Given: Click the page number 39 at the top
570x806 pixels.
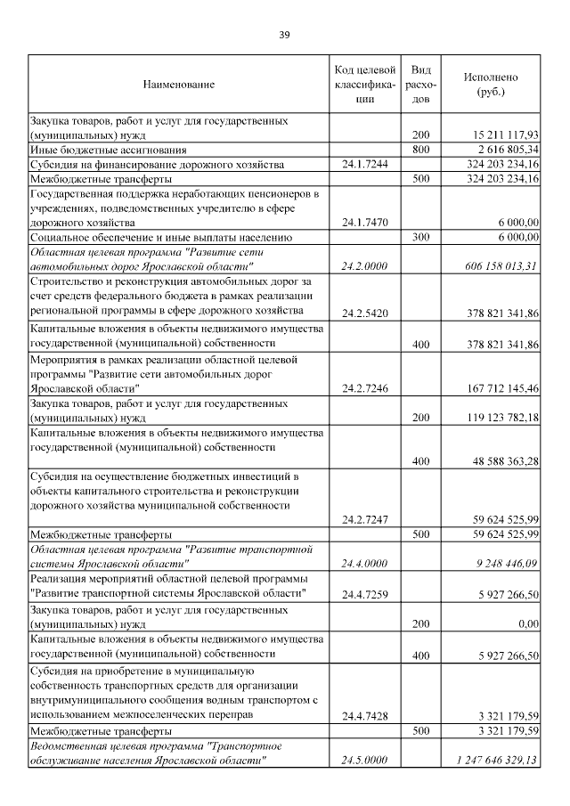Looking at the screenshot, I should click(x=284, y=35).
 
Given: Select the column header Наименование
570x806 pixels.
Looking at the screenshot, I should click(x=178, y=85).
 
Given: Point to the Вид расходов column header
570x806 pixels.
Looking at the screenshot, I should click(x=422, y=85).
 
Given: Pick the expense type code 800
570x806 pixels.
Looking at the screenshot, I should click(x=421, y=150).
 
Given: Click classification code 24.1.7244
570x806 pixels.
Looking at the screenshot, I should click(x=365, y=165).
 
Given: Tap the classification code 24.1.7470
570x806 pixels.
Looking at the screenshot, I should click(x=365, y=222).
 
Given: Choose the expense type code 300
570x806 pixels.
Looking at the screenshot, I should click(x=421, y=237).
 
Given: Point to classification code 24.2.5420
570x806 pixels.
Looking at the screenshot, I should click(x=365, y=312).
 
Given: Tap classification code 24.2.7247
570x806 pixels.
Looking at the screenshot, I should click(x=365, y=519).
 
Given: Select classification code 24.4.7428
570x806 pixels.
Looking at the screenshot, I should click(x=365, y=715).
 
